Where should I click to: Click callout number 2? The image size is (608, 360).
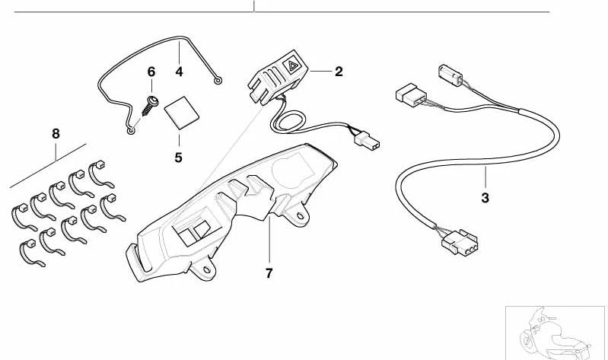(339, 72)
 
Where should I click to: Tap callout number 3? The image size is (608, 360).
(485, 198)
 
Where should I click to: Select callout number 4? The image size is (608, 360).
(179, 72)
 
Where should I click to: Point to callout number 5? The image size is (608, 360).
(178, 158)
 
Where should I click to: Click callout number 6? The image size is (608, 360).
(151, 72)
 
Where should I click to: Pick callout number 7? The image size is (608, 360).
(269, 273)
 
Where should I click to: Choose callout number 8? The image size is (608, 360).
(56, 134)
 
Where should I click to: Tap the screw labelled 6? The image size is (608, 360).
(150, 106)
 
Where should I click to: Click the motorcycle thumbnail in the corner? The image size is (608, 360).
(555, 333)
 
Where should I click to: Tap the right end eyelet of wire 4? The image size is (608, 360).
(218, 81)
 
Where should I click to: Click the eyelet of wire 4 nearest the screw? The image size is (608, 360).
(132, 131)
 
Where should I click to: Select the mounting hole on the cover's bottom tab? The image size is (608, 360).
(207, 269)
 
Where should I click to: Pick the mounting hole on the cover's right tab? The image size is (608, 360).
(300, 215)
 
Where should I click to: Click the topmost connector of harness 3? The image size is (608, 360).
(450, 75)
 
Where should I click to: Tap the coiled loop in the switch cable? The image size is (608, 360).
(289, 123)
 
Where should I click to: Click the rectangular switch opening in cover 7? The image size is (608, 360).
(192, 233)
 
